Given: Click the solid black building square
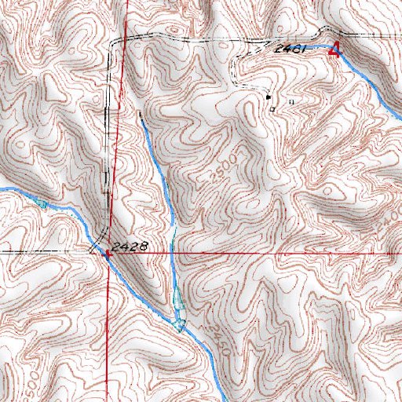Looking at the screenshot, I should coord(268,97).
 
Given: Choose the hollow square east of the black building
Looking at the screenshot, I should coord(292,101).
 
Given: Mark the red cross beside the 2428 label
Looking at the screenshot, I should coord(107,253).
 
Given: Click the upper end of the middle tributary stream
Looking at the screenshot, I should coord(140,115).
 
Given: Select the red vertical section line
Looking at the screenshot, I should coord(116,157).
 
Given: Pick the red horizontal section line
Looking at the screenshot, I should coord(275,254).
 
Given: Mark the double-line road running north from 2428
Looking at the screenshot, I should coord(108,157).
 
